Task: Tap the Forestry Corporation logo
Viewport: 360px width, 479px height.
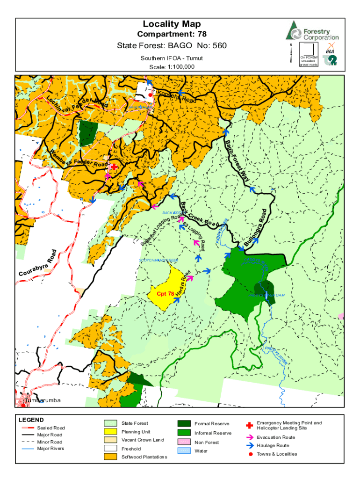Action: (x=312, y=30)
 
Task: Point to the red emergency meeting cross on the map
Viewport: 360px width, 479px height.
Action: (x=114, y=167)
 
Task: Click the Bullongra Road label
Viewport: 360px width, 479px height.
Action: (x=259, y=229)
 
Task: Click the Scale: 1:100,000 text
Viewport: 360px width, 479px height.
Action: (x=172, y=67)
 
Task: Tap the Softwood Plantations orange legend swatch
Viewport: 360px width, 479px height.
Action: (x=110, y=456)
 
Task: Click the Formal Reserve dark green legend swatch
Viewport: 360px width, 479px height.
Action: (x=184, y=424)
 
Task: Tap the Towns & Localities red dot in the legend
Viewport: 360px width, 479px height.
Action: (x=249, y=454)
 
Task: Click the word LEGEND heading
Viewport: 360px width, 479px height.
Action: (x=31, y=420)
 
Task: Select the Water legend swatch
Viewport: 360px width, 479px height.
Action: (x=184, y=451)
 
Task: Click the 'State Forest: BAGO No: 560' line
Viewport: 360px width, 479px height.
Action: (x=171, y=46)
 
